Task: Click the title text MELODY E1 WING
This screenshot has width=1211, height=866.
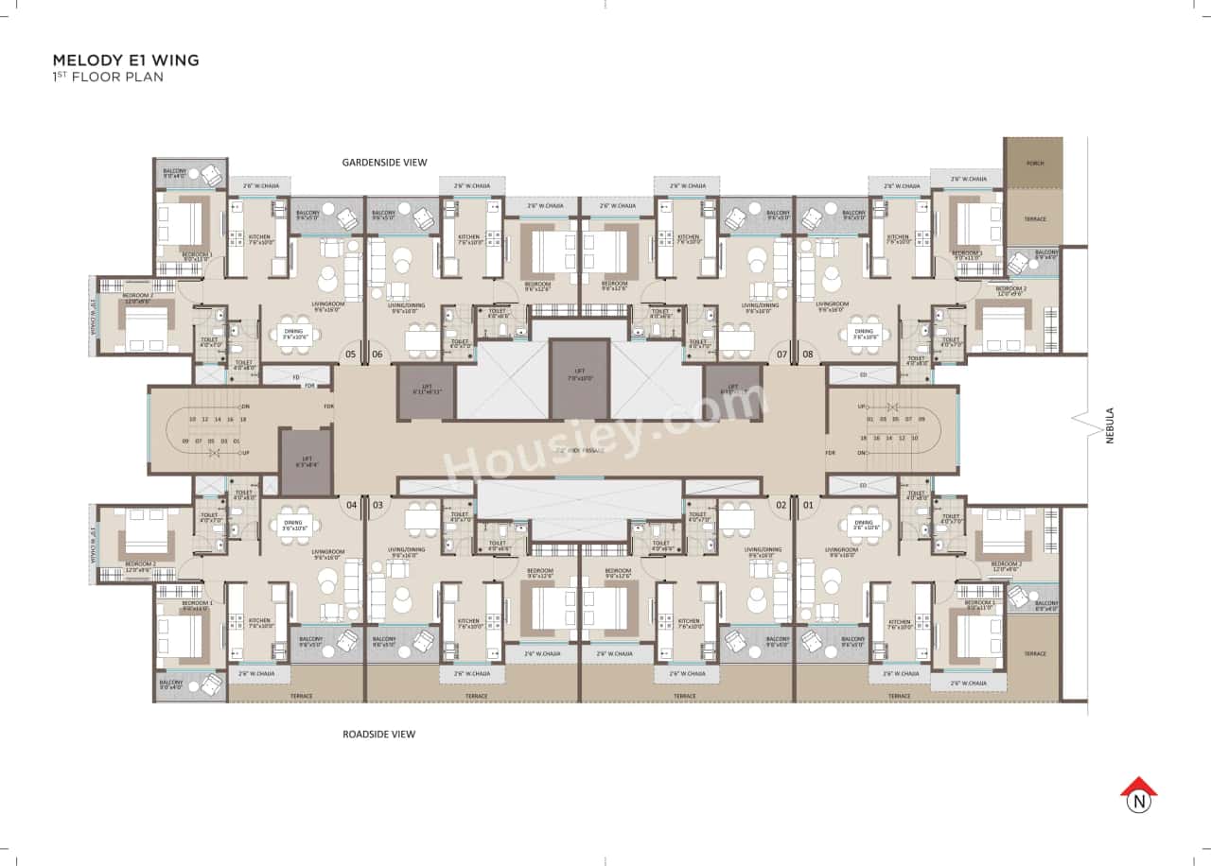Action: [125, 61]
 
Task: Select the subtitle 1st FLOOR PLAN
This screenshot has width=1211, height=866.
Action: [107, 77]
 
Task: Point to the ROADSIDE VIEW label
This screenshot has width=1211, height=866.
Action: [378, 734]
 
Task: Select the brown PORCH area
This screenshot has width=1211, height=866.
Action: [1033, 163]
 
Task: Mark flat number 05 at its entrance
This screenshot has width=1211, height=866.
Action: [351, 355]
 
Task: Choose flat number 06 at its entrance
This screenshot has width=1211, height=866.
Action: [377, 355]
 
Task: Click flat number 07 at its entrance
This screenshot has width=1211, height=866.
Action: [781, 355]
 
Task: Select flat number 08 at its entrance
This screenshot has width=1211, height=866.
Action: [808, 355]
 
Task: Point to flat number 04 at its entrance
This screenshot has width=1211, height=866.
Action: [351, 505]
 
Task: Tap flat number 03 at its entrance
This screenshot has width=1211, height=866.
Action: [377, 505]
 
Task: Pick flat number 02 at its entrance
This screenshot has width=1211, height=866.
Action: [781, 505]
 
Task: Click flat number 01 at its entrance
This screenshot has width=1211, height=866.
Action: [808, 505]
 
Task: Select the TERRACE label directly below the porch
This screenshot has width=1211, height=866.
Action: [1034, 219]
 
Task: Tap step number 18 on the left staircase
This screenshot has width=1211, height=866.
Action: [243, 419]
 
